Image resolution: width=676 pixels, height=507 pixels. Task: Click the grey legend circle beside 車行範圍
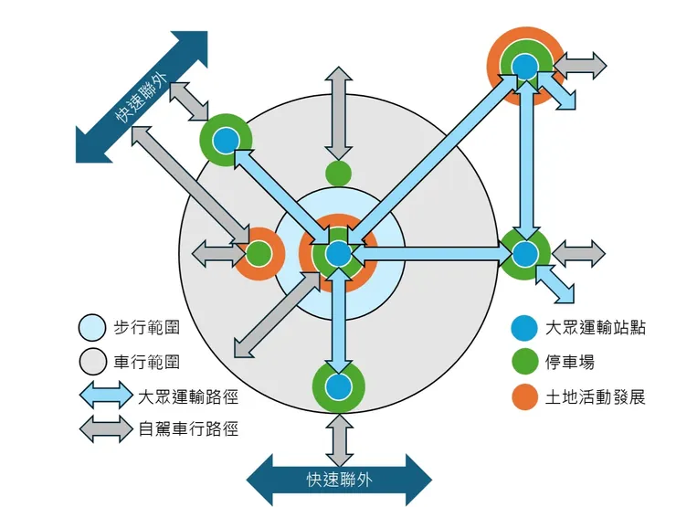[x=94, y=363]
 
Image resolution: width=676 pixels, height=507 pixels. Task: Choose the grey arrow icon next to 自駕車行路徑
[x=106, y=428]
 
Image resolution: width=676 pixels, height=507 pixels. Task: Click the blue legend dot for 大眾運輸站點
[x=523, y=327]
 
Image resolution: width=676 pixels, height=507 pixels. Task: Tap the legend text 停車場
[x=570, y=363]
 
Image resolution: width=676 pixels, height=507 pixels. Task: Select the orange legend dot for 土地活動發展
[x=523, y=397]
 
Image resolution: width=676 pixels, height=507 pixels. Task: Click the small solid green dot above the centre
[x=338, y=172]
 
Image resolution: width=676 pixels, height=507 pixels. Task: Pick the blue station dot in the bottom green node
[x=339, y=387]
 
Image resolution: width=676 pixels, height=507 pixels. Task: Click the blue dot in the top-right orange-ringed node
[x=524, y=66]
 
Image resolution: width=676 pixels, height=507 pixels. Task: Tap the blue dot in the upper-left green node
[x=226, y=140]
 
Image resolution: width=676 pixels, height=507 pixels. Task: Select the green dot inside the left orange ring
[x=259, y=253]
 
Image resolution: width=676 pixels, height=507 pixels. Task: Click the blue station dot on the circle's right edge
[x=524, y=253]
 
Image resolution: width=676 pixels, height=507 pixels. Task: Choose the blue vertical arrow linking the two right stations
[x=524, y=159]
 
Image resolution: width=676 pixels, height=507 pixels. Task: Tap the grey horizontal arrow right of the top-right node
[x=580, y=65]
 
